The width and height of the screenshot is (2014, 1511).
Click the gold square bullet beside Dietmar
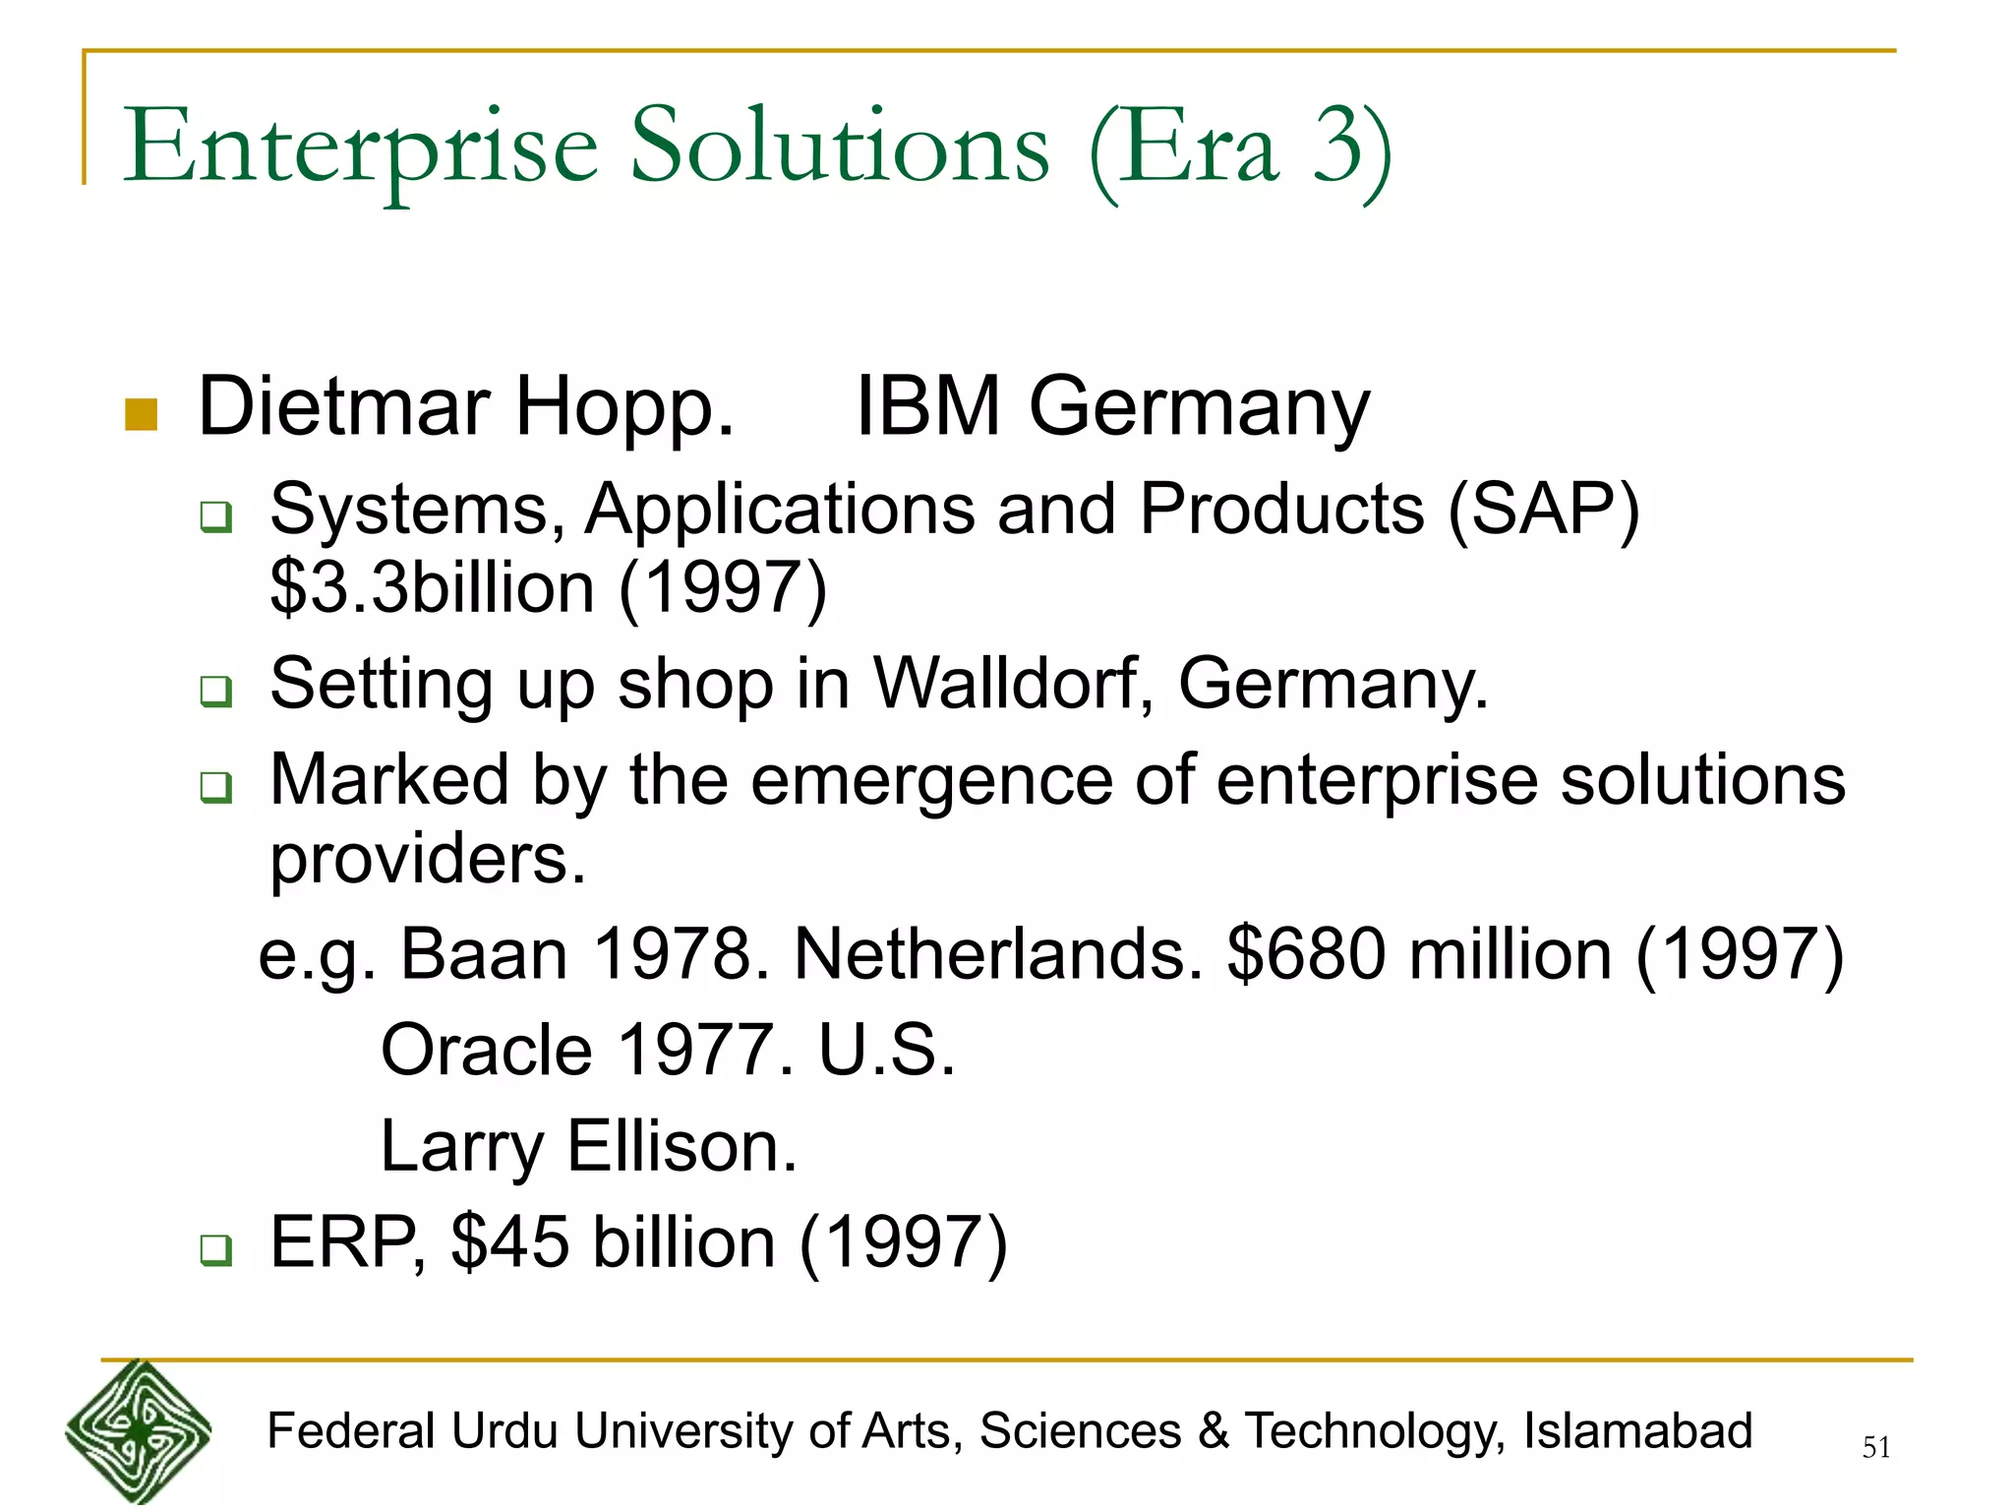(142, 414)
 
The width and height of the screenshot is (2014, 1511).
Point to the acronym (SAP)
(1543, 510)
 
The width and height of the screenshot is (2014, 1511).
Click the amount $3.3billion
(433, 588)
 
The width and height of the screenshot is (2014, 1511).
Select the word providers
(428, 859)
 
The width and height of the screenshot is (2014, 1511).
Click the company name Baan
(484, 954)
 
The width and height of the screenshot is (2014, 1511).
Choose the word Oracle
(486, 1051)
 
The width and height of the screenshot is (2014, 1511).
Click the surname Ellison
(682, 1146)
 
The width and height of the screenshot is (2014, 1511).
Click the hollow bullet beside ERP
(215, 1249)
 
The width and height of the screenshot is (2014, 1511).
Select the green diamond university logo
(139, 1431)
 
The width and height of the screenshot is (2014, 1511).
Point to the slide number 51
(1875, 1447)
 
